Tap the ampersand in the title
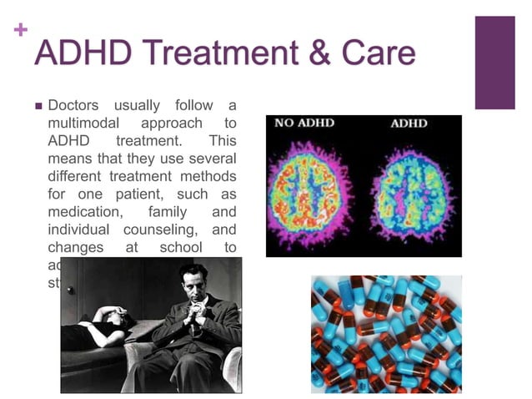tap(317, 53)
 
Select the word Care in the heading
tap(377, 53)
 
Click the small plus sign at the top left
tap(21, 31)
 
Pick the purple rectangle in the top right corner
tap(494, 63)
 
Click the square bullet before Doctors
tap(38, 106)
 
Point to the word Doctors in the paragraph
tap(73, 105)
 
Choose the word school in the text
tap(180, 248)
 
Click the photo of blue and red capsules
tap(386, 334)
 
